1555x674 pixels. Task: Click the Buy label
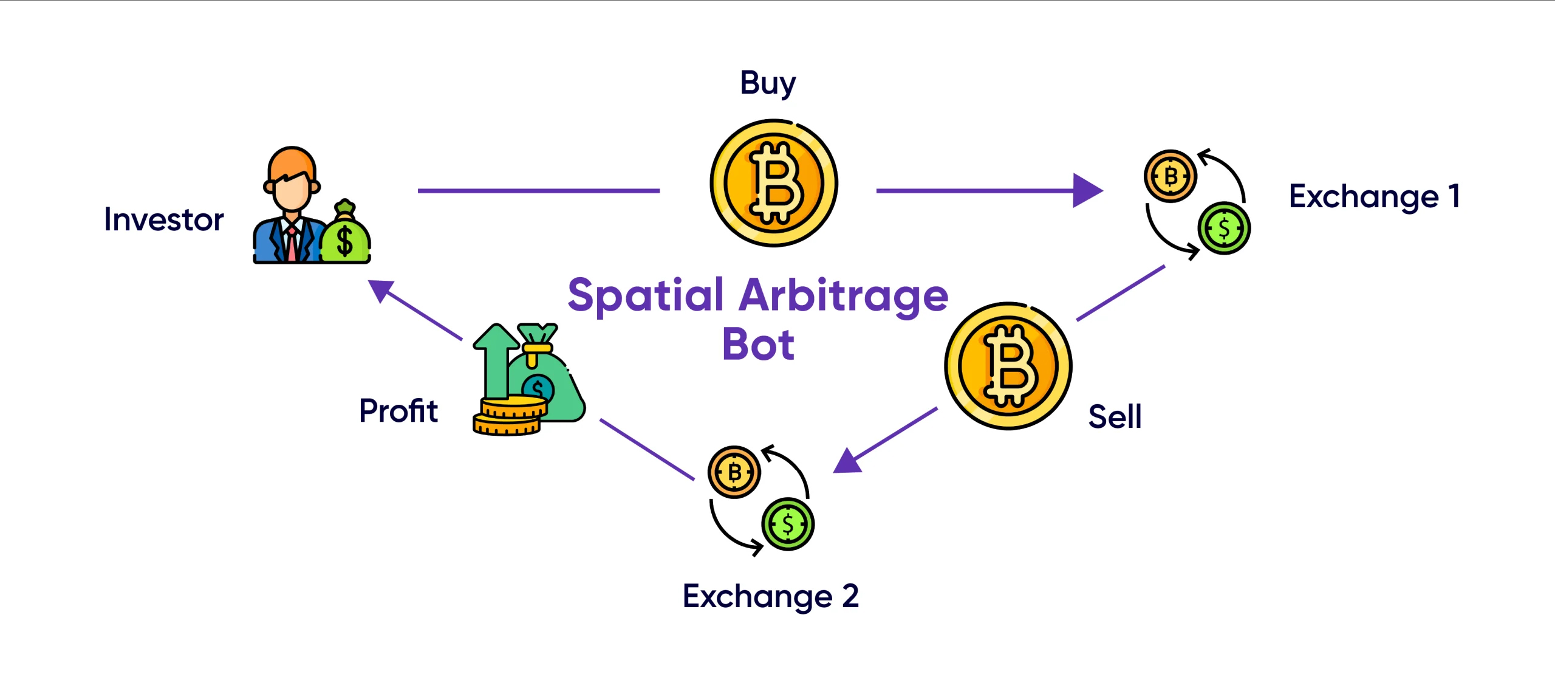767,83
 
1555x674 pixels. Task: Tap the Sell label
1115,417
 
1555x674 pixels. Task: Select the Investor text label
164,219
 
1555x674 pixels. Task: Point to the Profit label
398,411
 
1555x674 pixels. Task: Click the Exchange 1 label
1374,197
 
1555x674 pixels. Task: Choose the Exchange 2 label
770,596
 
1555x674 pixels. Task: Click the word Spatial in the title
646,295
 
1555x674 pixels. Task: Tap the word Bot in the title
758,345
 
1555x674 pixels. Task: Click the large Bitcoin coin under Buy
774,183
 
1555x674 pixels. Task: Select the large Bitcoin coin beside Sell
1008,366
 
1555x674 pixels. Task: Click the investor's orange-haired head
292,179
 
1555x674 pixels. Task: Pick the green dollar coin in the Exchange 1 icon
1224,229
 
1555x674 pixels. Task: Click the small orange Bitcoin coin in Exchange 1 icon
1171,176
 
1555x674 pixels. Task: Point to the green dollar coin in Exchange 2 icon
788,524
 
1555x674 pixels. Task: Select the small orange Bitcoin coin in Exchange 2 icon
734,472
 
